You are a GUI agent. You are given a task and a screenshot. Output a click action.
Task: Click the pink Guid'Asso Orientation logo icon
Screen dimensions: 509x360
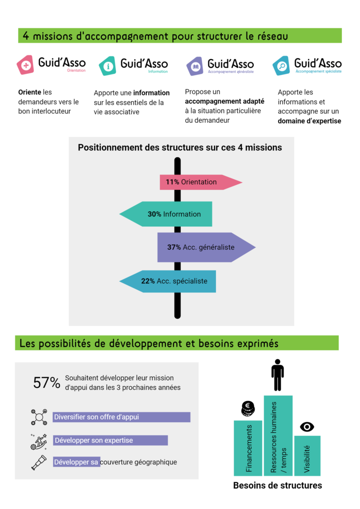pos(26,66)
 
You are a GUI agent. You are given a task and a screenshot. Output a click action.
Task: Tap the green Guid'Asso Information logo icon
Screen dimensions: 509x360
pos(107,66)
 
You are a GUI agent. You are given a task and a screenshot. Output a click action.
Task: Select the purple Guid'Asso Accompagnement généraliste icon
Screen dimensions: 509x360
pos(195,66)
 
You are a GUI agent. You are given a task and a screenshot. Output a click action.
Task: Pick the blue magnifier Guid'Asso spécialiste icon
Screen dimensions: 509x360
pos(282,66)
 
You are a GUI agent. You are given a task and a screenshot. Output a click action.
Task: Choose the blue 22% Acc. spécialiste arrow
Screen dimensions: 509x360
pos(169,281)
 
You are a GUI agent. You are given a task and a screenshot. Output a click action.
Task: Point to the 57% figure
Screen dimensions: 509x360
pos(47,383)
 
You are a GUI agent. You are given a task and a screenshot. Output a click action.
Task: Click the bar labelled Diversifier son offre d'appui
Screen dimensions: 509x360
pos(121,417)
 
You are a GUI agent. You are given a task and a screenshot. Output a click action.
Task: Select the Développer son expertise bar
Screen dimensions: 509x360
pos(110,440)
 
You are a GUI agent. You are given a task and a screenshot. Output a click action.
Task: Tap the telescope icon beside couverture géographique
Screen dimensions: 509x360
pos(38,462)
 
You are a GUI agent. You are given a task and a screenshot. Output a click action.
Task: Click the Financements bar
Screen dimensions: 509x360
pos(248,448)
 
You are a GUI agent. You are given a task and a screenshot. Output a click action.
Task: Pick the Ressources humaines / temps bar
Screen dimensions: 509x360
pos(278,435)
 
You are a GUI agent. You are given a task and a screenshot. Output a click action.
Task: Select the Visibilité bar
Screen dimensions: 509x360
pos(307,456)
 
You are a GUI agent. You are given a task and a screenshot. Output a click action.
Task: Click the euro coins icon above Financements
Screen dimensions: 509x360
pos(247,409)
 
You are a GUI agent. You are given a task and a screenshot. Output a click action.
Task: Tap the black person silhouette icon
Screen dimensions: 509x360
pos(277,375)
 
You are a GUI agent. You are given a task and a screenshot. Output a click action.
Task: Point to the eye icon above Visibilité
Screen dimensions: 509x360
pos(307,427)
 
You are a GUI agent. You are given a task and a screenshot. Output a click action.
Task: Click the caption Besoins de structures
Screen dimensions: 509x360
pos(277,485)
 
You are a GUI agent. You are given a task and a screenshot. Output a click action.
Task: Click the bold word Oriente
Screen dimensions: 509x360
pos(29,92)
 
